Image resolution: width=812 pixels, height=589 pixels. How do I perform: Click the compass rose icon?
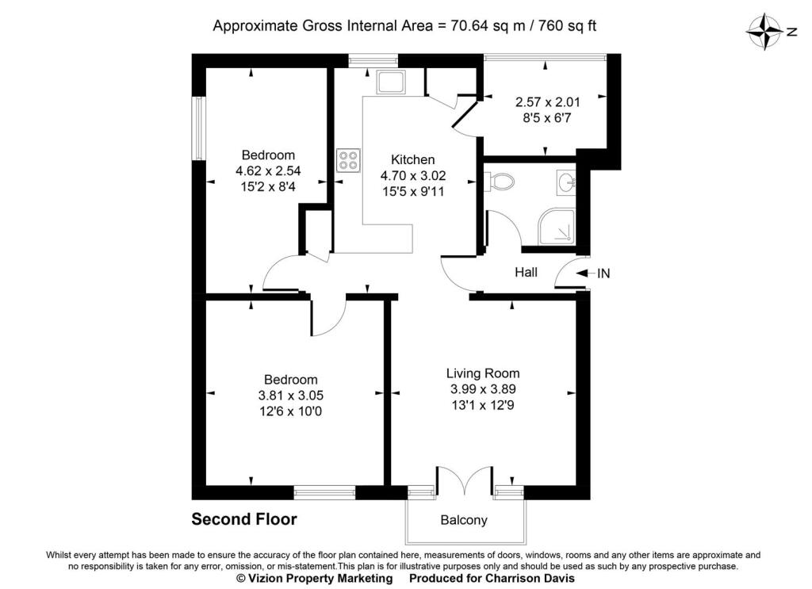tap(764, 33)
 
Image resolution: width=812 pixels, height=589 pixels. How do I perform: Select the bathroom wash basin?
tap(566, 182)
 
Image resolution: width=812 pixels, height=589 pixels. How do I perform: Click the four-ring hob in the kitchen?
tap(347, 160)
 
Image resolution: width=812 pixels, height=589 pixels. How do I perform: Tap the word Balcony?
tap(463, 520)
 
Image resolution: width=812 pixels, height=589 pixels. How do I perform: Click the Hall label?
tap(526, 272)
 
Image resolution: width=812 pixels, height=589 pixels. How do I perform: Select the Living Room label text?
tap(483, 373)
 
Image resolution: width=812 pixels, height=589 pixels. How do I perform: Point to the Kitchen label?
tap(412, 159)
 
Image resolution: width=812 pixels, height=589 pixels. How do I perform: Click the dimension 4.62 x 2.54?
tap(268, 170)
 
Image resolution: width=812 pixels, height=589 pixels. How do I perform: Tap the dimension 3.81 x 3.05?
tap(290, 396)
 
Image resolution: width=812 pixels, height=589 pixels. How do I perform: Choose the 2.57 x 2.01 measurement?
tap(547, 102)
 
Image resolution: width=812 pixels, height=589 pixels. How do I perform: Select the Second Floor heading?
tap(244, 519)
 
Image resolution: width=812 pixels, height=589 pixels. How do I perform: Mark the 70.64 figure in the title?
tap(470, 26)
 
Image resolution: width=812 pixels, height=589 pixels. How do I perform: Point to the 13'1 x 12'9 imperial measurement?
tap(483, 405)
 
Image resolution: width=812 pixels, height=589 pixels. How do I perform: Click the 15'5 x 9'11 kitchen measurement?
tap(413, 192)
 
